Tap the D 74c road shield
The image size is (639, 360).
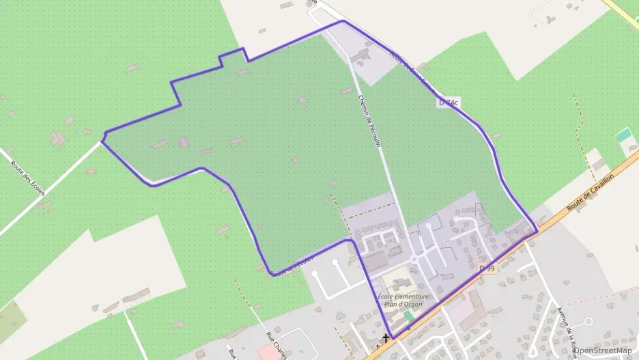pyautogui.click(x=449, y=102)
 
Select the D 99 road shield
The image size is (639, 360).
pyautogui.click(x=487, y=268)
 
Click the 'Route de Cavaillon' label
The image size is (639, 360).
pyautogui.click(x=591, y=192)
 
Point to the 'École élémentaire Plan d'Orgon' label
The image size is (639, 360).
pyautogui.click(x=403, y=300)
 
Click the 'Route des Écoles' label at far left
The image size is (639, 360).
pyautogui.click(x=28, y=178)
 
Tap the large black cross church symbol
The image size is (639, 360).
pyautogui.click(x=386, y=337)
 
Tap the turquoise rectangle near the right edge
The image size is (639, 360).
pyautogui.click(x=624, y=135)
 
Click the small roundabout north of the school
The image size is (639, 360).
pyautogui.click(x=414, y=259)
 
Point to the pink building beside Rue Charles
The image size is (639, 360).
pyautogui.click(x=267, y=352)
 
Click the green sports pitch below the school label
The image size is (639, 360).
pyautogui.click(x=409, y=315)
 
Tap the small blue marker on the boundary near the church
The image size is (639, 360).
pyautogui.click(x=408, y=329)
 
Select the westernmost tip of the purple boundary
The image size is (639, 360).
pyautogui.click(x=102, y=139)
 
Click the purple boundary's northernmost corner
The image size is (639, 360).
pyautogui.click(x=343, y=21)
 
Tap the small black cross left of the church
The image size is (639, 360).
pyautogui.click(x=377, y=347)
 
